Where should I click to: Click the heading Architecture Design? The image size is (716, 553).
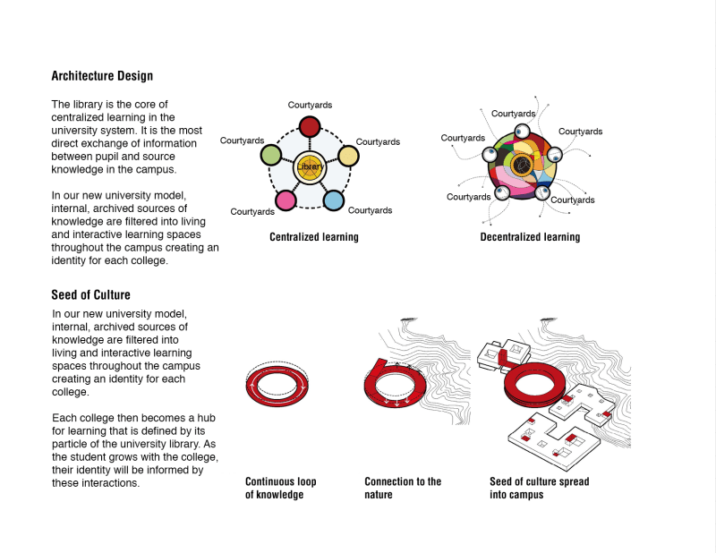[x=102, y=76]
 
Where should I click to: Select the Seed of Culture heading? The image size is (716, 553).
[x=91, y=294]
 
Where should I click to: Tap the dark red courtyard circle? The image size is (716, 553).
[x=310, y=127]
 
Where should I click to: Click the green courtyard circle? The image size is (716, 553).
[x=271, y=156]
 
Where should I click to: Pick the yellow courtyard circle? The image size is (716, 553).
[x=348, y=156]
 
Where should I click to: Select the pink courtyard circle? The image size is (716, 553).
[x=286, y=200]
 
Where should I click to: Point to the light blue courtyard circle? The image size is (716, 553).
[x=333, y=200]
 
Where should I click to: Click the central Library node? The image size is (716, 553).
[x=310, y=167]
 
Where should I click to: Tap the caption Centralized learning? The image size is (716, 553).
[x=314, y=237]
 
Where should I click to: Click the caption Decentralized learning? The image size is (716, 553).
[x=530, y=237]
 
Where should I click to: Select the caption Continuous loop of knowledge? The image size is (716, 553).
[x=281, y=488]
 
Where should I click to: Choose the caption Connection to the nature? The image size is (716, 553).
[x=403, y=488]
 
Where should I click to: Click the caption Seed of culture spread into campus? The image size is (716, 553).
[x=539, y=488]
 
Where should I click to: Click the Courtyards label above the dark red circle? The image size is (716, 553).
[x=310, y=106]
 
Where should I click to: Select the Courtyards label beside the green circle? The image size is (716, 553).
[x=242, y=140]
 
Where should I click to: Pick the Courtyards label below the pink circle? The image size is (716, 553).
[x=252, y=212]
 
